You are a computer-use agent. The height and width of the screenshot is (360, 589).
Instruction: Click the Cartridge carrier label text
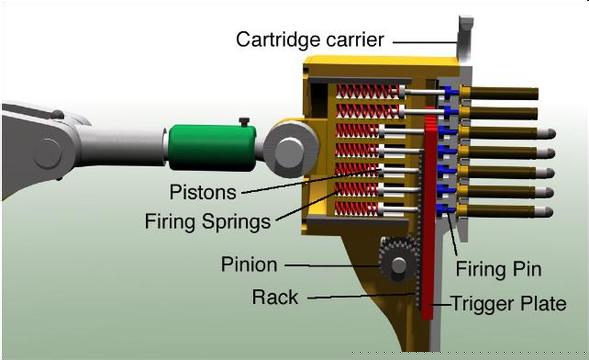point(310,40)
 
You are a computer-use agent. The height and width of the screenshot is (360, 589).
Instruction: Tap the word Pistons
point(203,192)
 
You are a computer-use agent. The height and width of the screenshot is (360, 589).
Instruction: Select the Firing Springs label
point(208,221)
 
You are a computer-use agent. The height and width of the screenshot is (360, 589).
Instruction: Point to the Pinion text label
point(249,265)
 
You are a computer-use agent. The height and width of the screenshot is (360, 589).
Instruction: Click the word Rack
point(275,297)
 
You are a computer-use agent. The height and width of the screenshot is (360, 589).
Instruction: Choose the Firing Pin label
point(498,270)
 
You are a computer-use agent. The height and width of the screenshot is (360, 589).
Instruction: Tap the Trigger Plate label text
point(509,304)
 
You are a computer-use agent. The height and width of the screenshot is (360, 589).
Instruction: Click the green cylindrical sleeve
point(212,148)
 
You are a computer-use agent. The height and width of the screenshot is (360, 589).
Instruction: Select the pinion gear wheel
point(398,259)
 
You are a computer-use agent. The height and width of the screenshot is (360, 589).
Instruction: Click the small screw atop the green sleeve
point(244,122)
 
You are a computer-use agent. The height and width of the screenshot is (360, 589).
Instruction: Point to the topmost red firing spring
point(366,91)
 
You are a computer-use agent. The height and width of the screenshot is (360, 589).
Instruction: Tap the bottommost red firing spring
point(357,209)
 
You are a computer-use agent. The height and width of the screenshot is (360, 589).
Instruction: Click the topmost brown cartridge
point(499,93)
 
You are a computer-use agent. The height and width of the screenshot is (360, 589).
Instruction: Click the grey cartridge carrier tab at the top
point(465,38)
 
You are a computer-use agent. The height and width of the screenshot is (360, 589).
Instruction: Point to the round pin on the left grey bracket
point(48,153)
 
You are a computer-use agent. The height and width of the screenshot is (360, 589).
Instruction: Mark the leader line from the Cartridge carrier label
point(425,42)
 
